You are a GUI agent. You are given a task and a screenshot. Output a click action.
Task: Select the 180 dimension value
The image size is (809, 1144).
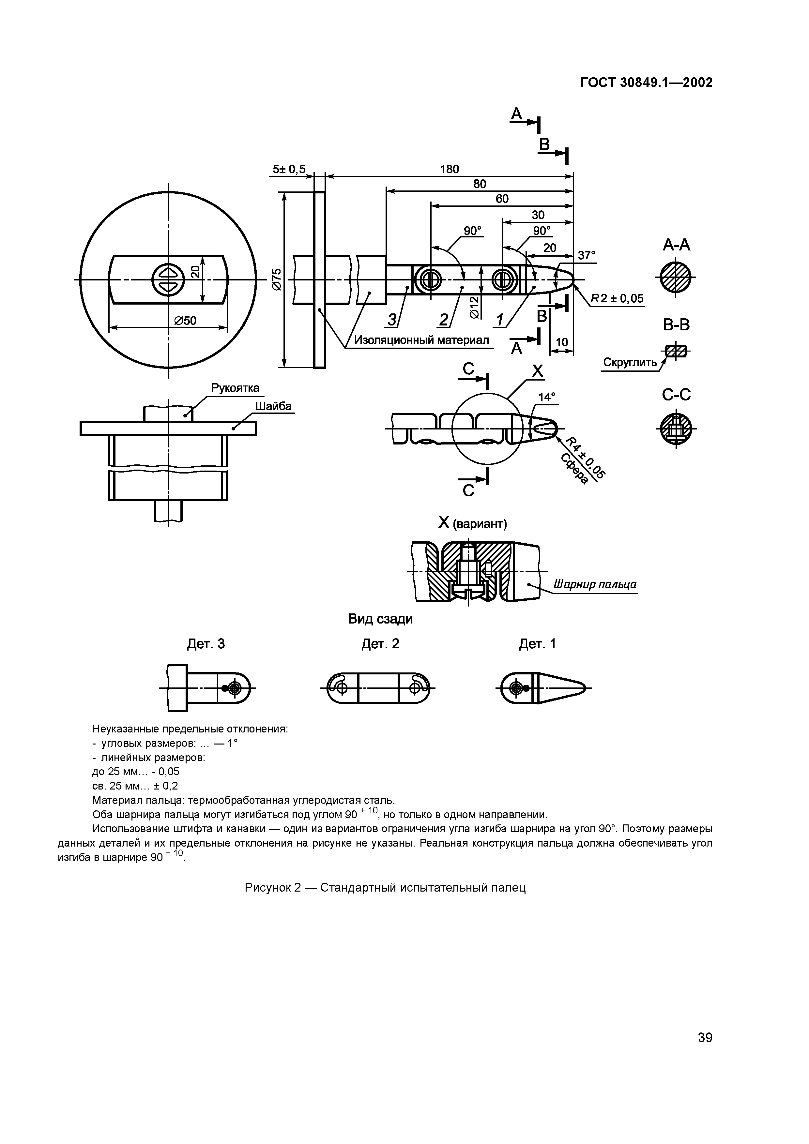pos(449,169)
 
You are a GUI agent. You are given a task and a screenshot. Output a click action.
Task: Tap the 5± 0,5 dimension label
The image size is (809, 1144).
pos(289,169)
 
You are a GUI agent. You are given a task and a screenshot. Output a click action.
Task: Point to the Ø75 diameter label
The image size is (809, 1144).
pos(277,279)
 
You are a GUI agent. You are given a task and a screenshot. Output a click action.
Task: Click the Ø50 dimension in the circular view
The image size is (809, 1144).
pos(185,320)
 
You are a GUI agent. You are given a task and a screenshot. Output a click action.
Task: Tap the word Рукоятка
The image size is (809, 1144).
pos(235,388)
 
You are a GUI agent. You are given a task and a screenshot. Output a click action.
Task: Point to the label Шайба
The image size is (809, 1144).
pos(273,406)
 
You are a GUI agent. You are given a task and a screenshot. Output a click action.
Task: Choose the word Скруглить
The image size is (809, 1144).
pos(630,362)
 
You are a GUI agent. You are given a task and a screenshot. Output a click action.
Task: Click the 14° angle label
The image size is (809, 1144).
pos(546,397)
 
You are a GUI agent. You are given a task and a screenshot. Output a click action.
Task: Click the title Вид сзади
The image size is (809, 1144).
pos(380,619)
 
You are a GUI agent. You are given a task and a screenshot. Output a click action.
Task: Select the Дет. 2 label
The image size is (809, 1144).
pos(380,644)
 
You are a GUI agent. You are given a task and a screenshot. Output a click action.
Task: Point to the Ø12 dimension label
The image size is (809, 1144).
pos(474,307)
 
